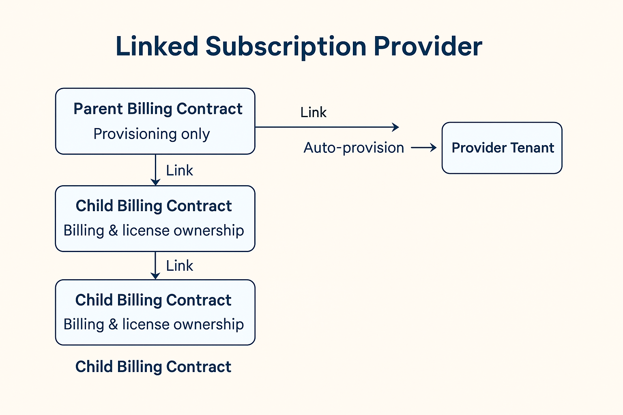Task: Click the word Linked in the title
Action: (x=157, y=46)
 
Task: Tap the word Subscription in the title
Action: (x=286, y=47)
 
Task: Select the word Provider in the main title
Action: (x=428, y=46)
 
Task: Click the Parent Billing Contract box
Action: (x=155, y=121)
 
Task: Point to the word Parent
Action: (x=98, y=109)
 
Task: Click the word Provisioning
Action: (x=135, y=134)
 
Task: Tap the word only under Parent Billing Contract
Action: (x=195, y=134)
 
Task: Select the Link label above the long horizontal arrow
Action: (x=314, y=112)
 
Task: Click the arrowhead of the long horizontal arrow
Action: (x=395, y=127)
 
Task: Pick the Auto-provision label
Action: (x=354, y=148)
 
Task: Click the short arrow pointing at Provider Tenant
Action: (x=423, y=148)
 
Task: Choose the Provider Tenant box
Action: (x=502, y=148)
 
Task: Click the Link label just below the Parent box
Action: (x=179, y=170)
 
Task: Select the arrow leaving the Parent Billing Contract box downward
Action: (x=155, y=170)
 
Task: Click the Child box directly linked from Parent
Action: (x=155, y=219)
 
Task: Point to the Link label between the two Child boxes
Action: (x=179, y=266)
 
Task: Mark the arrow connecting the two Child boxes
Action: (x=155, y=265)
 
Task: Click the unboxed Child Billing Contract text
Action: (x=153, y=367)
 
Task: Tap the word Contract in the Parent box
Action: (x=209, y=109)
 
